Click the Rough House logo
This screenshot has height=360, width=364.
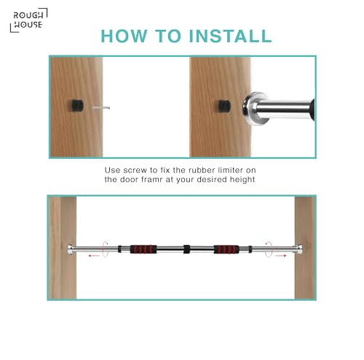tap(28, 20)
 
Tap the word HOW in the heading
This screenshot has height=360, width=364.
tap(124, 36)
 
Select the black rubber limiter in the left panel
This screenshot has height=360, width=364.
tap(77, 106)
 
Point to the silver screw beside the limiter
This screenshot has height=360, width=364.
tap(101, 107)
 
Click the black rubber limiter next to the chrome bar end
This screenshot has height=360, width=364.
tap(224, 106)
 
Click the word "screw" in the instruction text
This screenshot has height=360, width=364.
tap(135, 170)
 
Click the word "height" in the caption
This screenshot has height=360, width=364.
tap(242, 180)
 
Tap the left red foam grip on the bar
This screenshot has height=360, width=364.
tap(143, 249)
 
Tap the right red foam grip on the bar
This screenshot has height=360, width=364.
tap(226, 249)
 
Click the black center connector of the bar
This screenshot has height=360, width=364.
tap(186, 249)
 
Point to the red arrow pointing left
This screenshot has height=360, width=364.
tap(94, 255)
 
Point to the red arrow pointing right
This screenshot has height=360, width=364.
tap(281, 255)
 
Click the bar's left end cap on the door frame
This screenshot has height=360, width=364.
tap(71, 249)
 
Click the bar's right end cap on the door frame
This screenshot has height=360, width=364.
tap(299, 249)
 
